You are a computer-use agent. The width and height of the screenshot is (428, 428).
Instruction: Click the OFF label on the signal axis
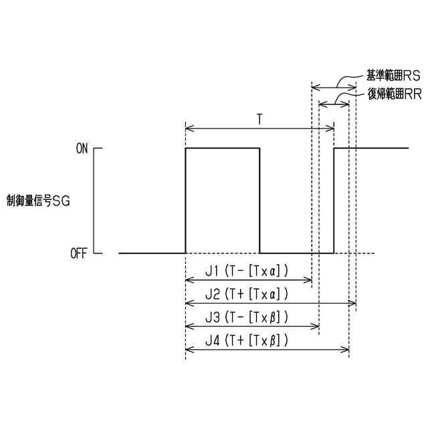click(x=78, y=254)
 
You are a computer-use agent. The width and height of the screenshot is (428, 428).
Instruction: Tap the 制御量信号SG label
click(x=38, y=199)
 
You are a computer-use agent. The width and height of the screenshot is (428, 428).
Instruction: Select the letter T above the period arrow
click(x=259, y=118)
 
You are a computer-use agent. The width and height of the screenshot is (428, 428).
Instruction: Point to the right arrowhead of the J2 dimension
click(x=352, y=304)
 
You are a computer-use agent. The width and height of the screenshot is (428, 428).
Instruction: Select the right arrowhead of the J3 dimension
click(x=316, y=326)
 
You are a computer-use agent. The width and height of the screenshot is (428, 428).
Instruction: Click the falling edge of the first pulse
click(x=259, y=201)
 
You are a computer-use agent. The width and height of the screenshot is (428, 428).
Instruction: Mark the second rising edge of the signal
click(x=334, y=201)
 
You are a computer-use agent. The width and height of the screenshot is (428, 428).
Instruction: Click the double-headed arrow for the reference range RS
click(x=334, y=86)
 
